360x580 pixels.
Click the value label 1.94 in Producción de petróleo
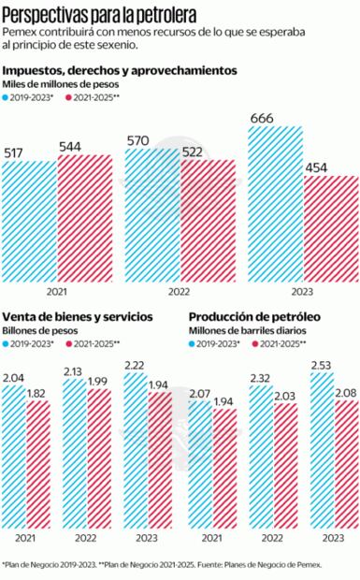[x=224, y=400]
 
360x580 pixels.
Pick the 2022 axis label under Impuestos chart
[x=180, y=291]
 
